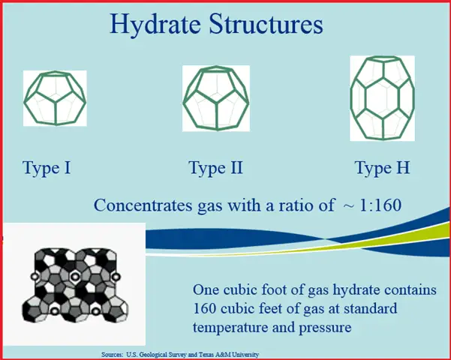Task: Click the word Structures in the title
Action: tap(266, 24)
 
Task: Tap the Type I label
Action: tap(47, 168)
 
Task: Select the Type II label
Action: tap(215, 168)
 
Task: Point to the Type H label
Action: tap(382, 168)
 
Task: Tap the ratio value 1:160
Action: tap(380, 205)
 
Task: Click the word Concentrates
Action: tap(143, 205)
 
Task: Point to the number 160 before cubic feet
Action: tap(204, 309)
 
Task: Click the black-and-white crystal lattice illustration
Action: tap(75, 285)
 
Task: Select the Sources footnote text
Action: tap(180, 355)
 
